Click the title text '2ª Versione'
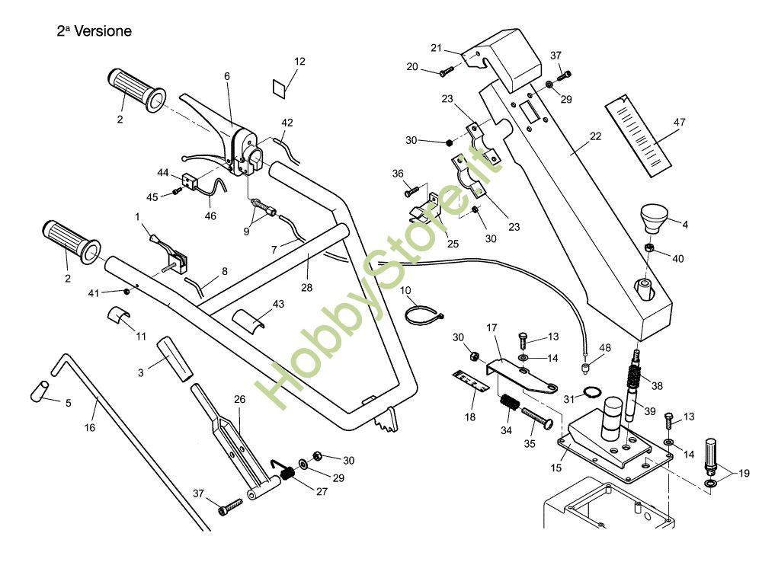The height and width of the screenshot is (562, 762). click(x=94, y=31)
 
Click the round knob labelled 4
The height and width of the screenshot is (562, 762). click(x=652, y=218)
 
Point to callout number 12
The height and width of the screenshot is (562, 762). click(x=299, y=61)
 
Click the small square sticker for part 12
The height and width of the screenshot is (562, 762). click(x=281, y=86)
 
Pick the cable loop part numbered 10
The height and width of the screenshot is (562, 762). click(x=421, y=315)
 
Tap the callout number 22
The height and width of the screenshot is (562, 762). click(x=595, y=136)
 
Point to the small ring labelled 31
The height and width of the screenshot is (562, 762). click(x=588, y=394)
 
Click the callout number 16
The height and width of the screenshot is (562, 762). click(x=90, y=428)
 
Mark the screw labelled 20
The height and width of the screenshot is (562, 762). click(x=447, y=71)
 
